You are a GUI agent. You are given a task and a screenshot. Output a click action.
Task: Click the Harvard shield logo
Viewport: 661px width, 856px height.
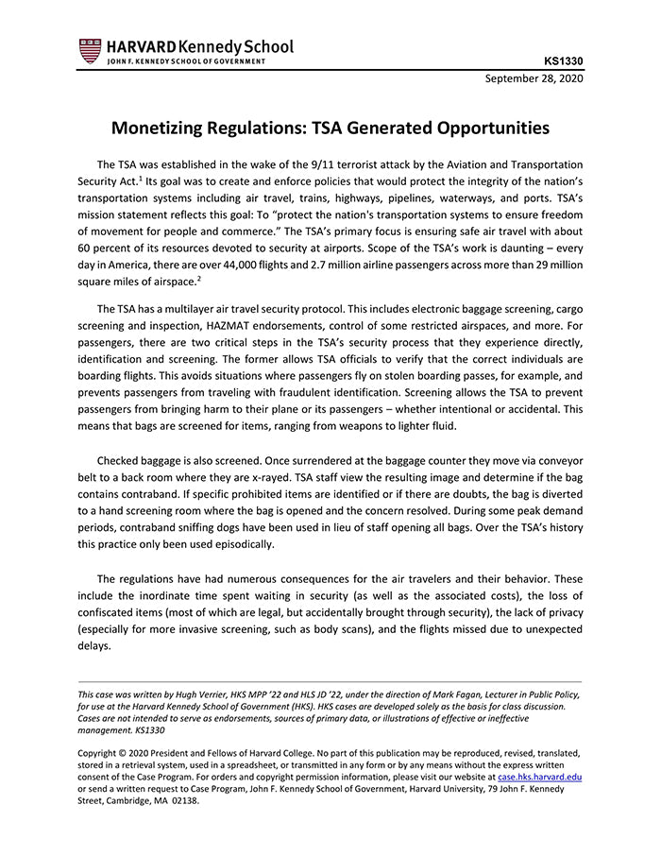click(x=90, y=50)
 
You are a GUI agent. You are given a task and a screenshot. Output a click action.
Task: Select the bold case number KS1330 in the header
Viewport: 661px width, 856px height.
click(x=564, y=62)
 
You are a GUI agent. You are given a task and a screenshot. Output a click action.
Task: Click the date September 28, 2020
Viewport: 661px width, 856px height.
click(x=534, y=78)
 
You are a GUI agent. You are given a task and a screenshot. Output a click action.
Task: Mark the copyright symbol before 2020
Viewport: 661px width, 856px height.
click(x=128, y=754)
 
